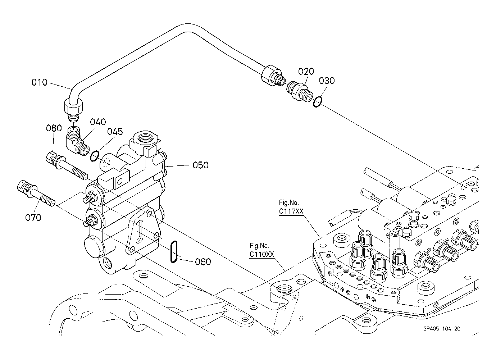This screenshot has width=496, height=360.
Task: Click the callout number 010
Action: (40, 82)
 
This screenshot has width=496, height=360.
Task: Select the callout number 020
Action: (306, 72)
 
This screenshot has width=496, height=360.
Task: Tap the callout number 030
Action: (327, 81)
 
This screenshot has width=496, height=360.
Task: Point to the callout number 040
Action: (98, 122)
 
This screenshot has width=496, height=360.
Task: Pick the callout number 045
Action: (115, 132)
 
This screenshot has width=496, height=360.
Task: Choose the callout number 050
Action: (200, 165)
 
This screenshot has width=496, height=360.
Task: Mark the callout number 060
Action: (203, 262)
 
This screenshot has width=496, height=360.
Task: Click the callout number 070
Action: (33, 218)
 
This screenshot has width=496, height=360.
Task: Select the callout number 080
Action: (54, 128)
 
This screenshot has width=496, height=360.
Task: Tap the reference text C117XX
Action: (291, 211)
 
